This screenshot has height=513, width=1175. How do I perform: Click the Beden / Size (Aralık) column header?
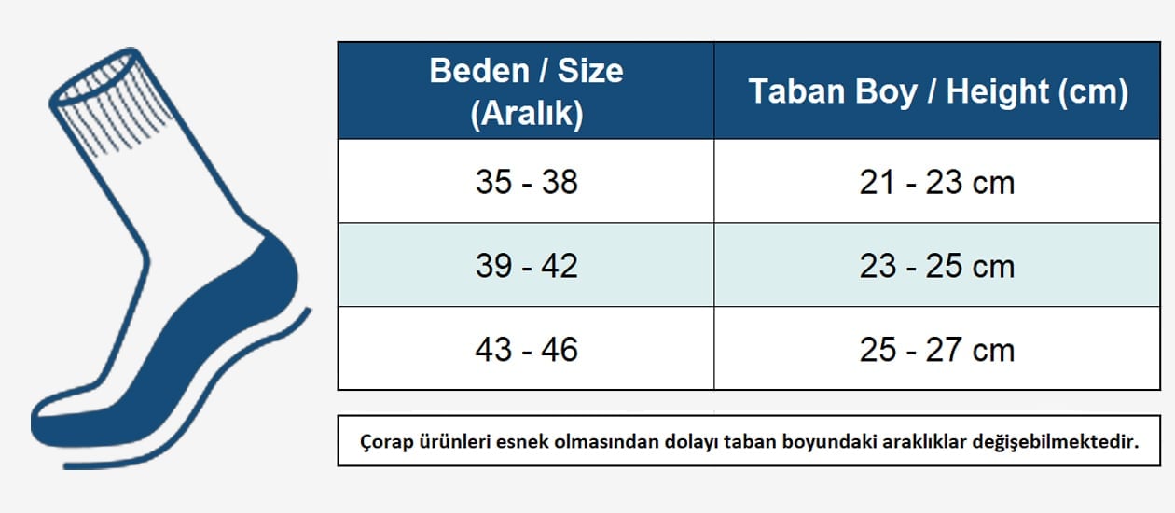click(526, 90)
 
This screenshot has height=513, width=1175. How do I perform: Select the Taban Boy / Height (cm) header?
click(937, 90)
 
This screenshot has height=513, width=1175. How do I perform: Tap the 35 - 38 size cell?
click(526, 182)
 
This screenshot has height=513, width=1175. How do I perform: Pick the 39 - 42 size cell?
click(526, 265)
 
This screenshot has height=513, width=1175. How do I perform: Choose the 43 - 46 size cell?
click(526, 349)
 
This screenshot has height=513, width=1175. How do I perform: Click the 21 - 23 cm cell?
click(937, 182)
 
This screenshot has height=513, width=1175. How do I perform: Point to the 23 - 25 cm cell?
click(937, 265)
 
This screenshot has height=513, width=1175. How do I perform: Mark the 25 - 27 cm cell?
click(937, 349)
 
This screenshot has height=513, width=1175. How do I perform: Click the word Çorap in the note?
click(386, 442)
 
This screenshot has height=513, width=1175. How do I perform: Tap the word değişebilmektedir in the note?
click(1056, 442)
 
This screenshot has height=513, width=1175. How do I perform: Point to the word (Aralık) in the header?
click(527, 113)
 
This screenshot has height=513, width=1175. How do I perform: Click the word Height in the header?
click(997, 91)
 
